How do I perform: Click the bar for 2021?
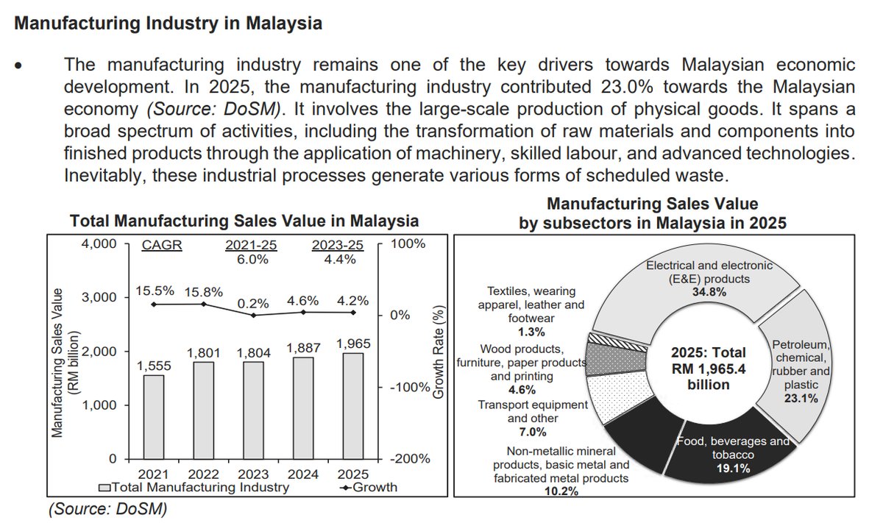pyautogui.click(x=154, y=417)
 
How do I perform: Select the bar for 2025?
pyautogui.click(x=352, y=406)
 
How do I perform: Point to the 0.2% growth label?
pyautogui.click(x=254, y=303)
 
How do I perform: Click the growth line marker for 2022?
pyautogui.click(x=204, y=304)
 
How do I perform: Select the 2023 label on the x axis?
pyautogui.click(x=254, y=474)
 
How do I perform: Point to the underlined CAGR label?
pyautogui.click(x=162, y=246)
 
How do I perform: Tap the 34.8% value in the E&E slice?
pyautogui.click(x=708, y=292)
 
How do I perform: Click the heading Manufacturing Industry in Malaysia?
pyautogui.click(x=169, y=24)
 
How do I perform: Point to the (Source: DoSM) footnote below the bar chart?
pyautogui.click(x=107, y=508)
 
